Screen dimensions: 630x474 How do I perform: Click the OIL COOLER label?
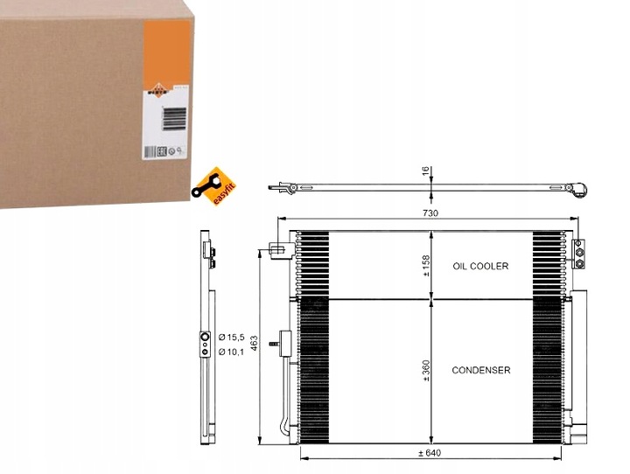tap(479, 265)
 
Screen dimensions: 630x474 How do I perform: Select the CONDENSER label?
tap(480, 370)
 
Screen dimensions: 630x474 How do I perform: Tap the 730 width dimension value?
tap(430, 213)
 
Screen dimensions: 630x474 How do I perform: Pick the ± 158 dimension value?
tap(426, 265)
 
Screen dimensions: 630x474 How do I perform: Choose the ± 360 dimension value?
tap(426, 370)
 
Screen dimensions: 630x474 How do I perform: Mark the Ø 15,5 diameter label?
tap(233, 337)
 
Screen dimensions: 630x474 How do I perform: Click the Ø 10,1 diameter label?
tap(233, 352)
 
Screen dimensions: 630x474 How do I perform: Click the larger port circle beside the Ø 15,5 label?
tap(206, 336)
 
